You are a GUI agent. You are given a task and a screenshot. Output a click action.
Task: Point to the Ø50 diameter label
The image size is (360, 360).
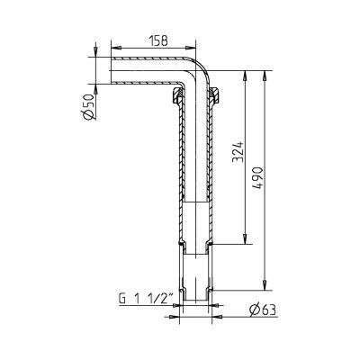click(x=88, y=106)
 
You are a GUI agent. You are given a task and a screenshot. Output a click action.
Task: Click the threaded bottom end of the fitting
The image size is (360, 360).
click(x=195, y=297)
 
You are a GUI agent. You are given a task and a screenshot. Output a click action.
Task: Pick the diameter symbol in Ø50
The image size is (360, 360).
click(x=88, y=115)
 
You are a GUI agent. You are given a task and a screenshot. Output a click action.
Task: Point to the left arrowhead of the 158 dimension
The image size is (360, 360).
click(x=112, y=49)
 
